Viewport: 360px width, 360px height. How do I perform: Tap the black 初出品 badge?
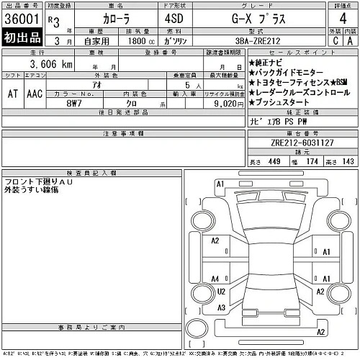click(21, 38)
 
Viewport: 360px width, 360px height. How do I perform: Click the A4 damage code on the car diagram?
click(215, 279)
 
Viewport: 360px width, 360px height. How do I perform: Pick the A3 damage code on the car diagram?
click(222, 307)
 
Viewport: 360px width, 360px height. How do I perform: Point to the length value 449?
click(274, 161)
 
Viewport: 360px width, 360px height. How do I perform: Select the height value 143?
click(348, 161)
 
